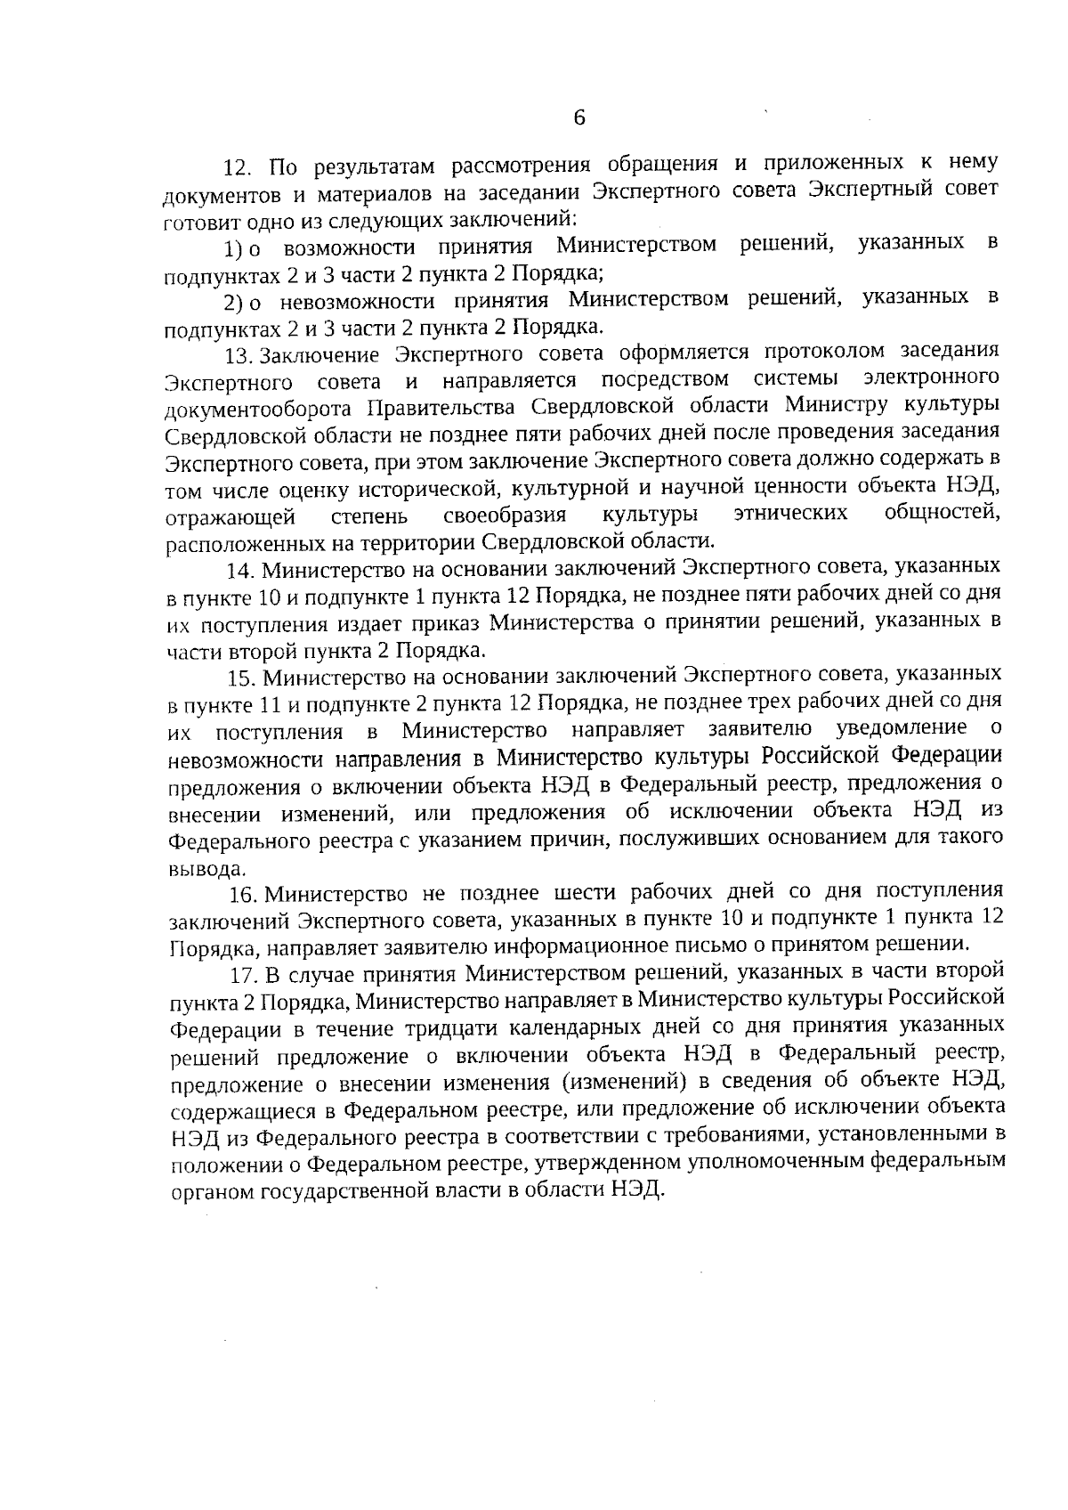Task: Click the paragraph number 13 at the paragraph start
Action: point(239,355)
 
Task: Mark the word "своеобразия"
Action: point(505,516)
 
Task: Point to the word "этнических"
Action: point(790,514)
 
